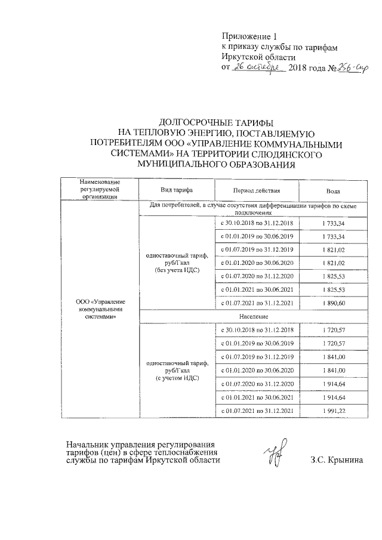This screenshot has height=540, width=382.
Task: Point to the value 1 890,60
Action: [333, 303]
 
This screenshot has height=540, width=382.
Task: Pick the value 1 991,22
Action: [333, 411]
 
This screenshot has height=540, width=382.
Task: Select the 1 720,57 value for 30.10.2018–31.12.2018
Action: [333, 330]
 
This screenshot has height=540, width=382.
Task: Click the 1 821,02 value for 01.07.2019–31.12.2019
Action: [333, 249]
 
